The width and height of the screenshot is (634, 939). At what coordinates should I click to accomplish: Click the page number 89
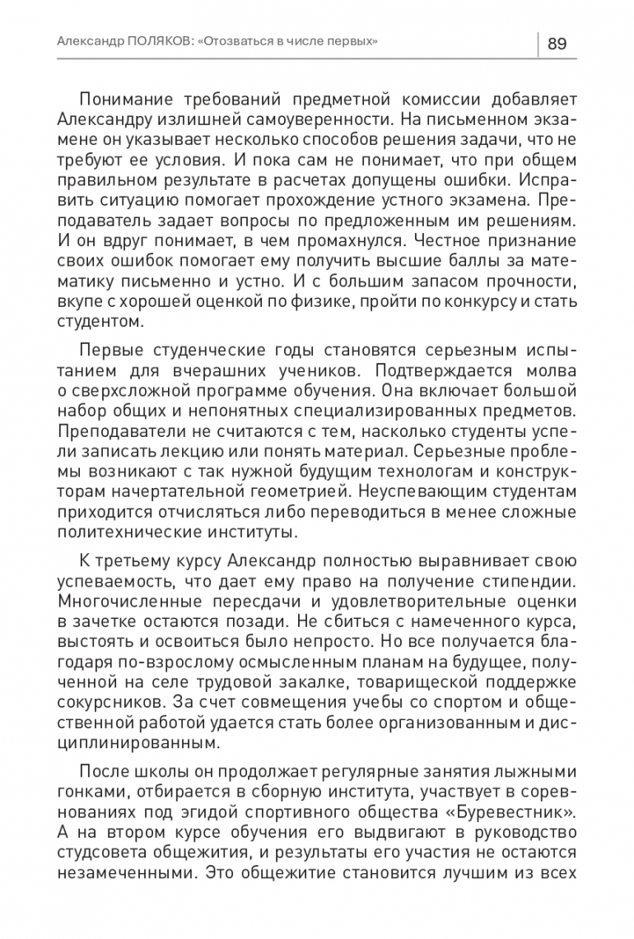pos(557,44)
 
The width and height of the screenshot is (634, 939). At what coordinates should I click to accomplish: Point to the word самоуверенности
pos(278,119)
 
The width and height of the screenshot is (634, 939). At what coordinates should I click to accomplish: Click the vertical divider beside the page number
pos(538,44)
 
